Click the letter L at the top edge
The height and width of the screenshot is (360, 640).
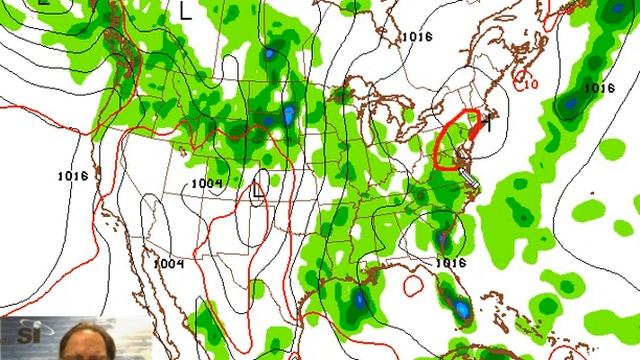(x=186, y=10)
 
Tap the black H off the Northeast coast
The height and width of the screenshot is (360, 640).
(x=490, y=123)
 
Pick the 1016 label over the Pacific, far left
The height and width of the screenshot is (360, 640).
(x=73, y=175)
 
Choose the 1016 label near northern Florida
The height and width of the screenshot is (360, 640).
(x=452, y=263)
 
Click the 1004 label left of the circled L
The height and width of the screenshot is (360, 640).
(x=207, y=183)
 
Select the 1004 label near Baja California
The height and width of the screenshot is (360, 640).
(x=170, y=263)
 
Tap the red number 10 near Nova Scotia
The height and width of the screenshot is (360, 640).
(x=529, y=83)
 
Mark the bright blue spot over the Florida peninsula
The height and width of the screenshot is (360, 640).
(x=461, y=313)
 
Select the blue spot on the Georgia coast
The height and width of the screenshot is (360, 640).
(x=443, y=240)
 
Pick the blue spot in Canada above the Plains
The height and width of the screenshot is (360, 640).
(x=270, y=52)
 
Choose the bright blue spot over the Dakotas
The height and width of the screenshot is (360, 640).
(x=288, y=116)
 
